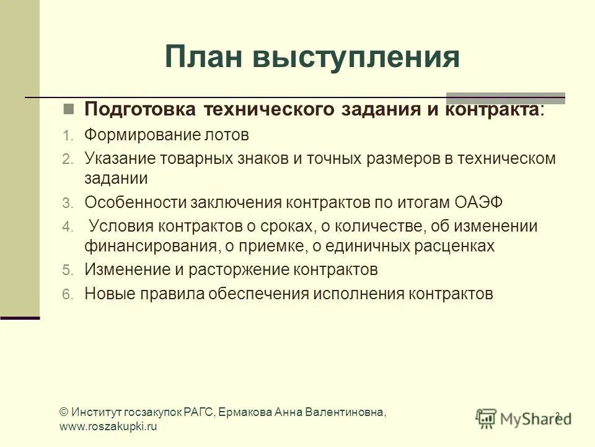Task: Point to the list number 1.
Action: point(67,135)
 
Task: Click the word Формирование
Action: point(143,135)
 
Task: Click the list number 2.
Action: point(67,159)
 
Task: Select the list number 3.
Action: point(67,203)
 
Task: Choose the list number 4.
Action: point(67,227)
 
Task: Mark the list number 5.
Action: point(67,271)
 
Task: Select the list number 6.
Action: point(67,294)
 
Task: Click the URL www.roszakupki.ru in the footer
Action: point(108,427)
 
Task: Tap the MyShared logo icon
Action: point(486,417)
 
